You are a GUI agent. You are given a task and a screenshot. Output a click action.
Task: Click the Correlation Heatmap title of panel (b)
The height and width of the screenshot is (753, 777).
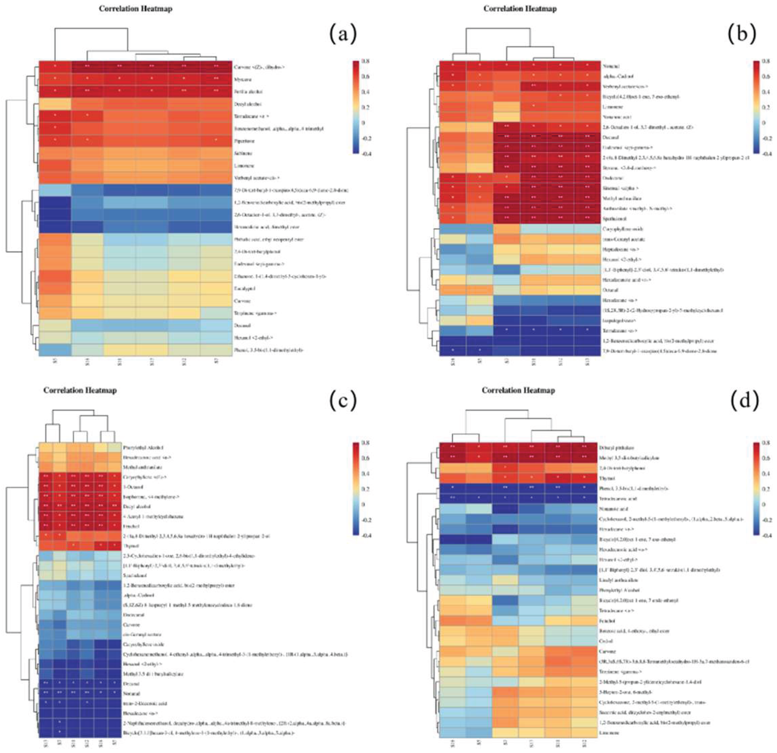point(520,8)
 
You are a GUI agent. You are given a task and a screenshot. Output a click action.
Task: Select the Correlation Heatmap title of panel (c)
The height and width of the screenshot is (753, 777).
point(80,390)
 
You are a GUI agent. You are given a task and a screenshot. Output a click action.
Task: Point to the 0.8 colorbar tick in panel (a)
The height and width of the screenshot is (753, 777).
point(365,61)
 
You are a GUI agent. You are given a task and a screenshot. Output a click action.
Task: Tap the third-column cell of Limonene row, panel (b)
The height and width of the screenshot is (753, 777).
point(506,107)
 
